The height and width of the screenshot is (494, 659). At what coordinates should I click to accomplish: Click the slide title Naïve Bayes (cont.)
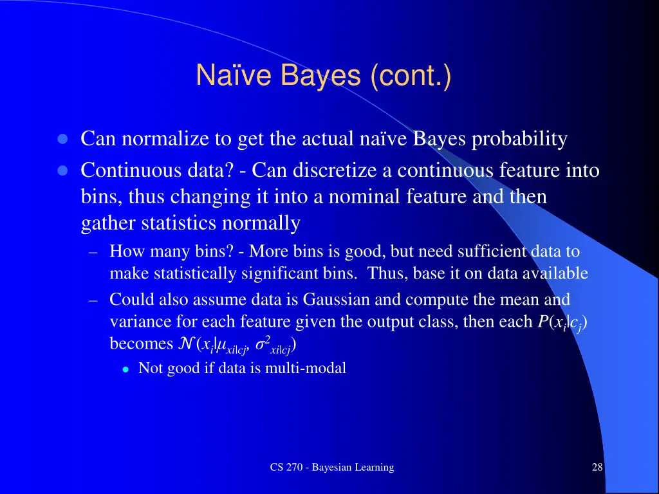[x=323, y=76]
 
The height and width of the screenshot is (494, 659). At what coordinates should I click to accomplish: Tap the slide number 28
[x=597, y=467]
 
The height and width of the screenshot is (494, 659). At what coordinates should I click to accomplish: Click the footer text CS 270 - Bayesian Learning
[x=332, y=467]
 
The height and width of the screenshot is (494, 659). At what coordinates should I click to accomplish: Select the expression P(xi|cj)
[x=561, y=322]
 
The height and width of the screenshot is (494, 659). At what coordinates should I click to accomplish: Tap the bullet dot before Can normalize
[x=62, y=140]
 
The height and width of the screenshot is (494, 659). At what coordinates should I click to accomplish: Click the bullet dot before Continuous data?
[x=62, y=171]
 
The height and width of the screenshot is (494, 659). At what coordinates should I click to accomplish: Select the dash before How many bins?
[x=93, y=252]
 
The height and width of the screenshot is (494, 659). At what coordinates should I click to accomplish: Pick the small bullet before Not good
[x=126, y=369]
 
